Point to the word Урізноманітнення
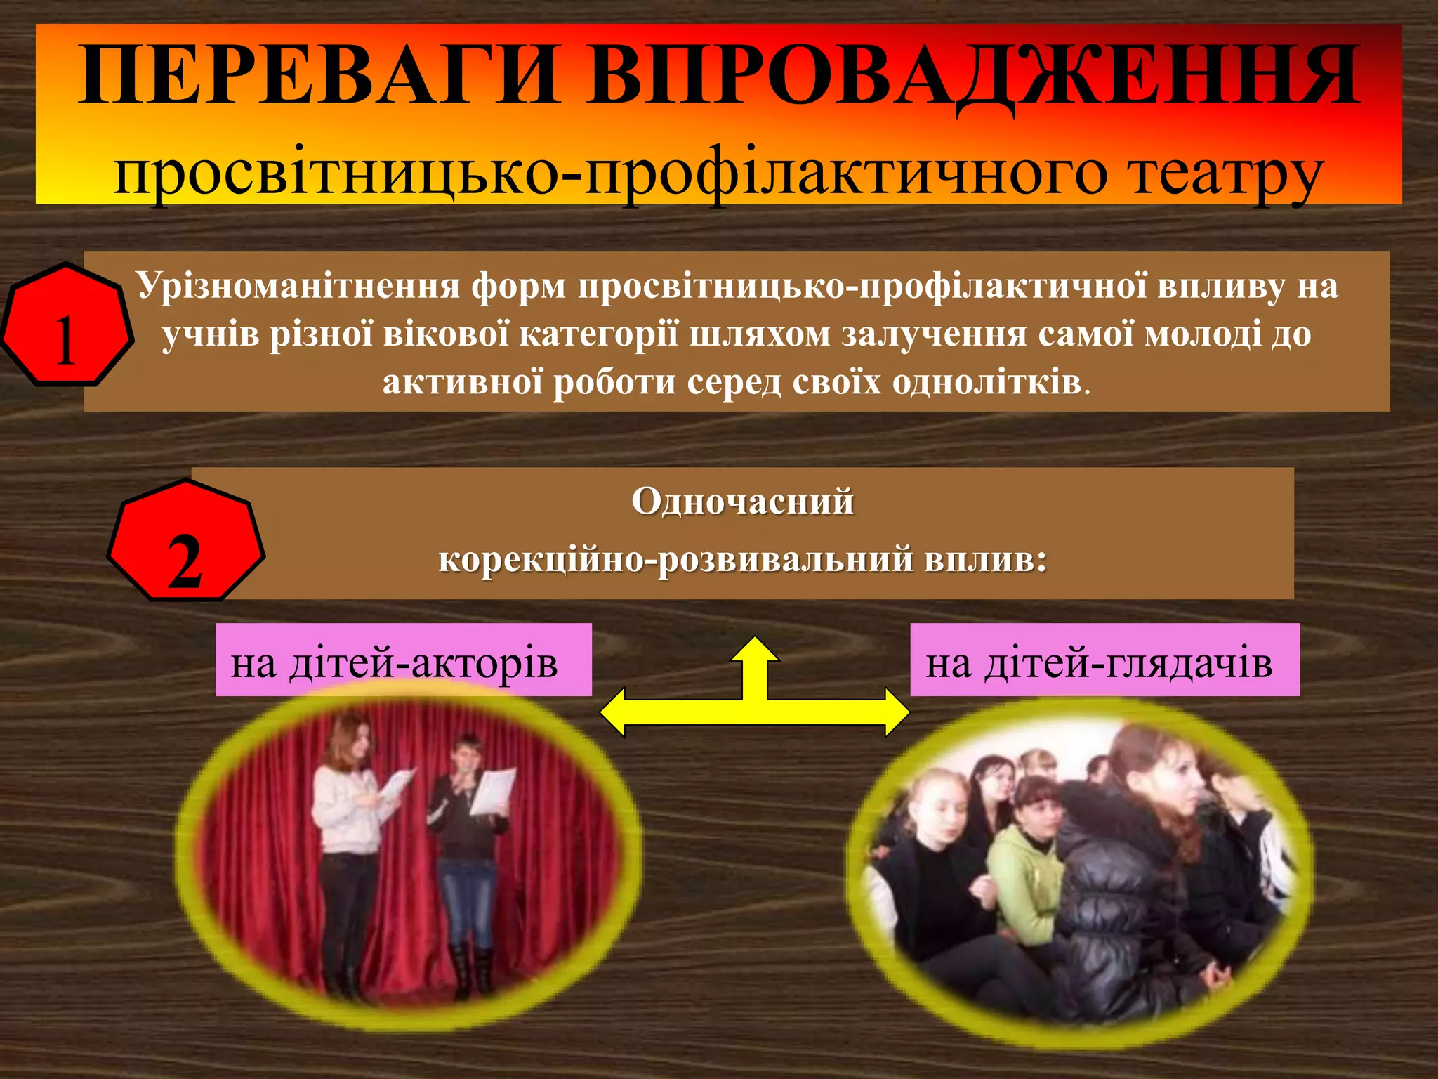pyautogui.click(x=298, y=286)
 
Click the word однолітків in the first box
pyautogui.click(x=987, y=383)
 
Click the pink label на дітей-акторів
pyautogui.click(x=402, y=660)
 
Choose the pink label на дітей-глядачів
pyautogui.click(x=1103, y=660)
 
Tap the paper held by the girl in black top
pyautogui.click(x=493, y=790)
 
